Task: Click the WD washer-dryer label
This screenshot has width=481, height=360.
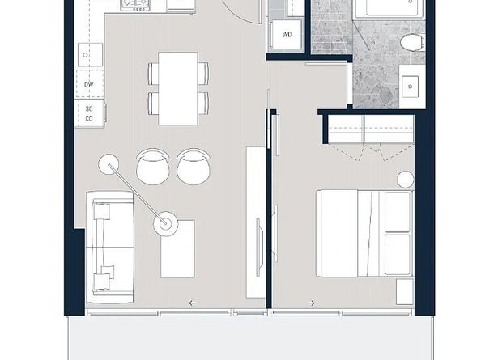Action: pos(287,35)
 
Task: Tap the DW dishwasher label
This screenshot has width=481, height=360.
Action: pos(88,83)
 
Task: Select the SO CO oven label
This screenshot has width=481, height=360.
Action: pos(88,113)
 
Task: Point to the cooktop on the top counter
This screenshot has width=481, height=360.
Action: pos(134,6)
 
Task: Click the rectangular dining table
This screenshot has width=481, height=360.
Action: pos(178,88)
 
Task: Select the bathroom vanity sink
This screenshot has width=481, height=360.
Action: pos(411,85)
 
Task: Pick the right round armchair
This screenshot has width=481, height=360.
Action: pos(193,166)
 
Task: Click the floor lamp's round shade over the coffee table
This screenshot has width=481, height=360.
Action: pos(168,223)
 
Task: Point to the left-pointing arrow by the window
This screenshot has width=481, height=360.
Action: pos(192,303)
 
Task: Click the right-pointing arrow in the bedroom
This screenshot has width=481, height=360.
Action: pos(311,303)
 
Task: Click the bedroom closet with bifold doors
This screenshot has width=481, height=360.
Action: pos(368,129)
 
